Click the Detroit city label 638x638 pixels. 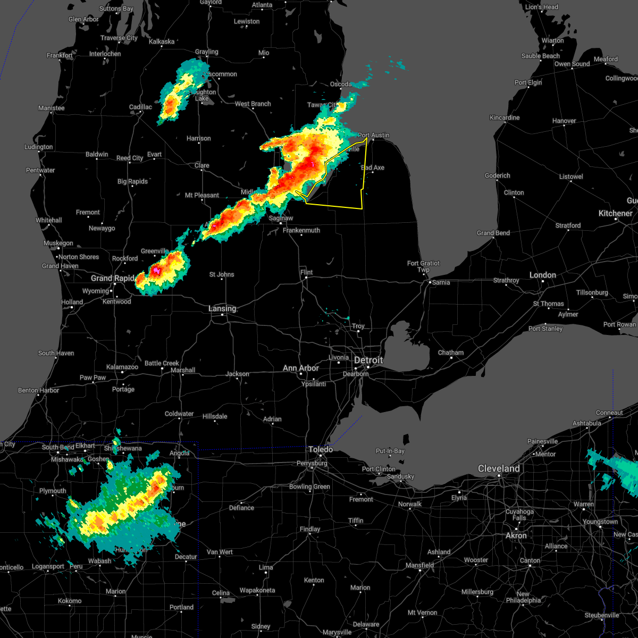(368, 360)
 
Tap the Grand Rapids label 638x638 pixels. (113, 278)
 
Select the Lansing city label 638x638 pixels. (222, 309)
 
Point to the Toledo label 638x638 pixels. (321, 450)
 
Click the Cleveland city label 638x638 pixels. (499, 469)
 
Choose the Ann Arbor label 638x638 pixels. (301, 368)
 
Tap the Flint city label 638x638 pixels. (306, 272)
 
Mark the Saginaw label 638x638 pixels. (281, 219)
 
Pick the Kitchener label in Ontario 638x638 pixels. (616, 214)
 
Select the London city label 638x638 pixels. (543, 275)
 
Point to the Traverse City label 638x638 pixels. (119, 38)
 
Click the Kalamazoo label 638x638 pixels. (122, 367)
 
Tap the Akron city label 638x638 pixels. (516, 536)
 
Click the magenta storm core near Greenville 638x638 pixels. (156, 271)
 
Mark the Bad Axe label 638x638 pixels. (373, 168)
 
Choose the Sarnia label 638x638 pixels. (441, 283)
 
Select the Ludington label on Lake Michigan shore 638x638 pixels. (39, 147)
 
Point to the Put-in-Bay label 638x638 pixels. (390, 451)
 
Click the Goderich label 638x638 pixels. (498, 176)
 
